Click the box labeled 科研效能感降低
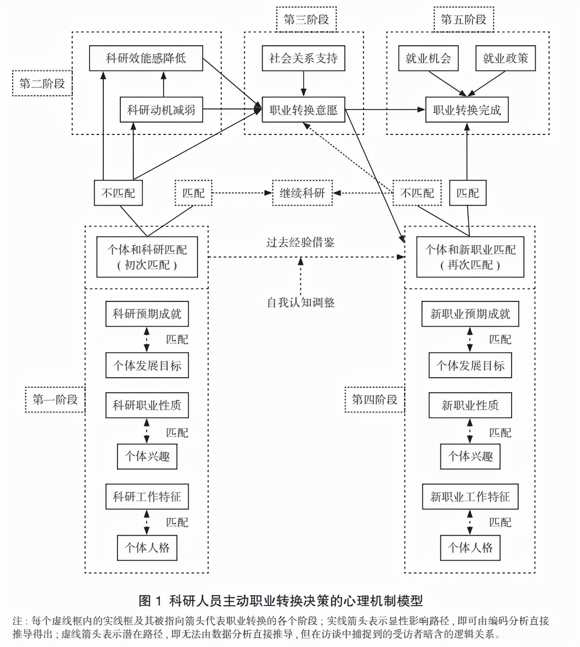(146, 58)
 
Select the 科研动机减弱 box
(161, 110)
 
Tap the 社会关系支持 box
(303, 58)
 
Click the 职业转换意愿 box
(303, 110)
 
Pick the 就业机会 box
(428, 58)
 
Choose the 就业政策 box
(505, 58)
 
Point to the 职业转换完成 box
(466, 110)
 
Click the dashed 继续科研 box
(302, 193)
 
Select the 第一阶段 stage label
(55, 400)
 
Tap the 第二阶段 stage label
(42, 83)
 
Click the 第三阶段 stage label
(306, 19)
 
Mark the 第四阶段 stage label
(374, 400)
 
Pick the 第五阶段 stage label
(464, 19)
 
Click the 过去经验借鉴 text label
(300, 242)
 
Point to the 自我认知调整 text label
(301, 302)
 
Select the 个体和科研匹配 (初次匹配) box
(147, 257)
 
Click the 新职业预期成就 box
(470, 314)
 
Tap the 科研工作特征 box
(147, 497)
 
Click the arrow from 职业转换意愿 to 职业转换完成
(384, 110)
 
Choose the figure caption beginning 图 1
(281, 601)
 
